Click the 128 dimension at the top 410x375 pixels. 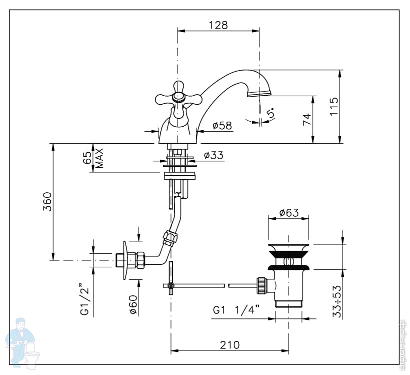point(218,25)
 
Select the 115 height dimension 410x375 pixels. point(334,106)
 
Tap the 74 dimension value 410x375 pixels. point(306,119)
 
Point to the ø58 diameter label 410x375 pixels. point(222,126)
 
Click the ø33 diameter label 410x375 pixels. point(213,156)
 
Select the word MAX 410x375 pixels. point(99,158)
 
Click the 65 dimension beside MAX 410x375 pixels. point(88,158)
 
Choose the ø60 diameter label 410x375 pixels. point(133,304)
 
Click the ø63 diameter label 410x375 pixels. point(288,213)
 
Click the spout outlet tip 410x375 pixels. point(259,93)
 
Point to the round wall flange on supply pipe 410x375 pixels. point(125,260)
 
